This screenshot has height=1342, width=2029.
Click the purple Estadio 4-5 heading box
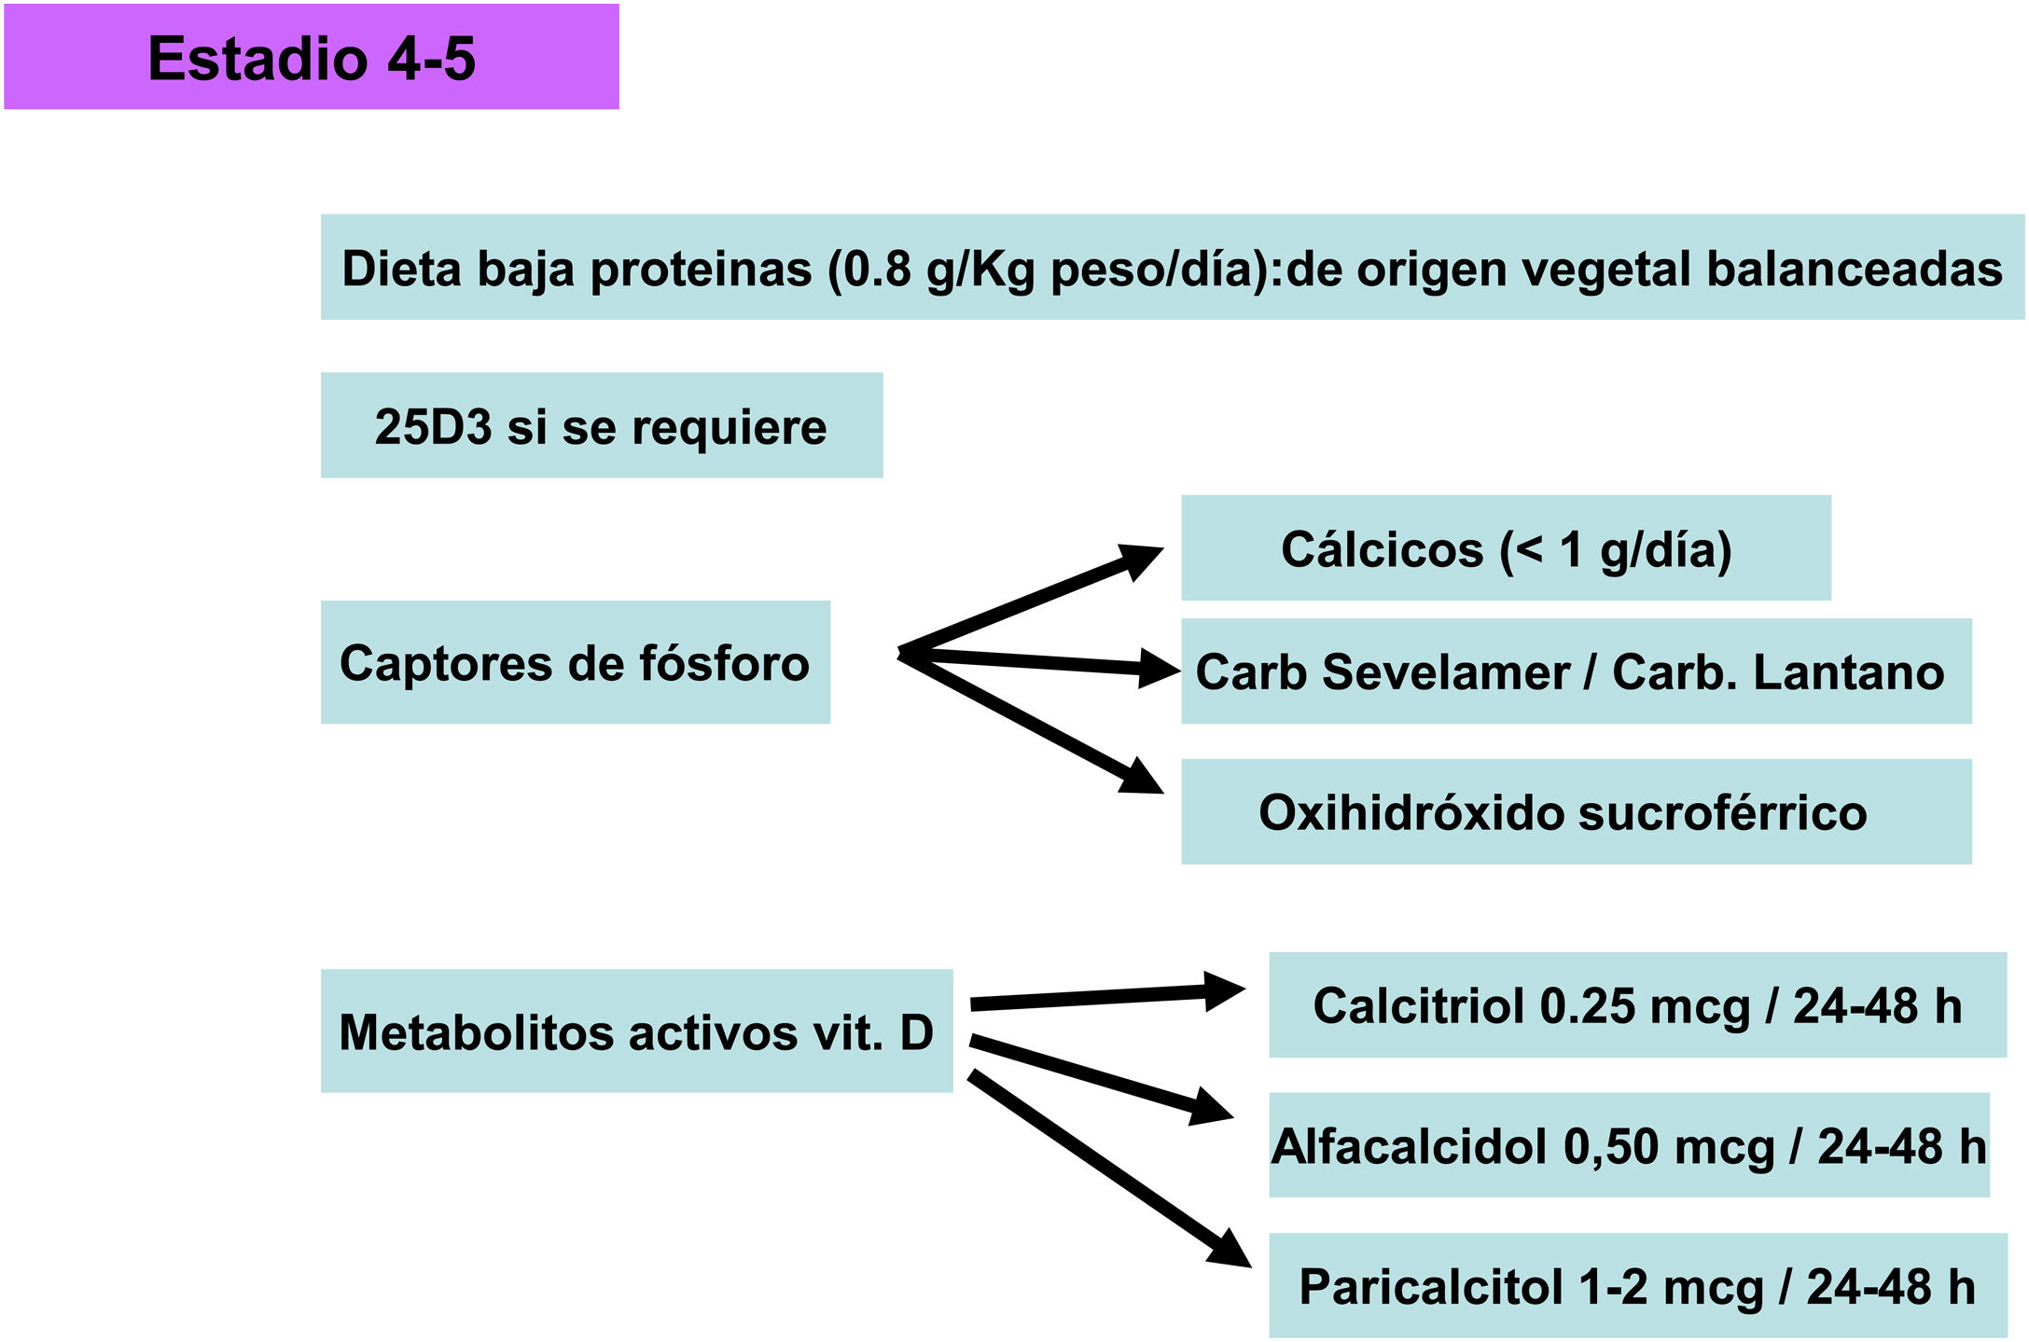(312, 57)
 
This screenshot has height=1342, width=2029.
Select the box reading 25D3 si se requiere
(602, 426)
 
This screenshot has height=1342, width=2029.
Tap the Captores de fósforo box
(575, 662)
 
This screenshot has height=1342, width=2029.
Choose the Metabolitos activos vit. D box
(636, 1031)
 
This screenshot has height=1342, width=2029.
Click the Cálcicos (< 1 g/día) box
(1506, 548)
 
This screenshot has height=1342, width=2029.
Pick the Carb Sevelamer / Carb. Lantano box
(1576, 671)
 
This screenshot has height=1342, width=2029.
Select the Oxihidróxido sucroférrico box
(1576, 811)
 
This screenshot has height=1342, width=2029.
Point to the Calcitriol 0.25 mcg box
(1637, 1005)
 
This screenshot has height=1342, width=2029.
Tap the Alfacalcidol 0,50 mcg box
(1629, 1145)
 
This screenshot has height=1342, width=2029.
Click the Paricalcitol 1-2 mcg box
(1637, 1286)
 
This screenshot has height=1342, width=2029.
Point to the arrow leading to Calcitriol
(1105, 997)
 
